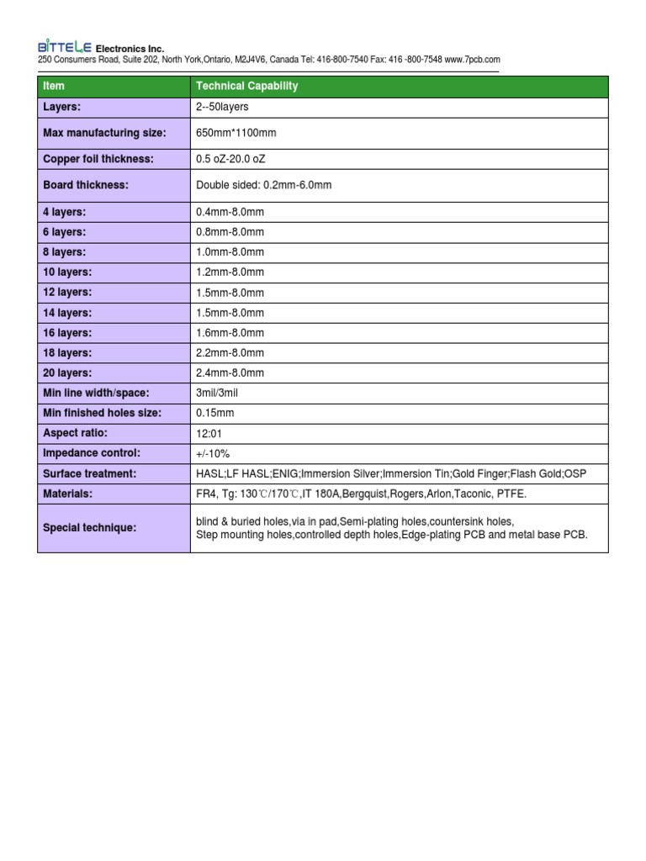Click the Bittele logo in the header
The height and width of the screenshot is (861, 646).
pos(64,48)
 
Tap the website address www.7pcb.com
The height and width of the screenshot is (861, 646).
pos(473,61)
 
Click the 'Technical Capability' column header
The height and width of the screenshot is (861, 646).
pos(246,87)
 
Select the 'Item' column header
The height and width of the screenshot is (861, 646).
pos(53,87)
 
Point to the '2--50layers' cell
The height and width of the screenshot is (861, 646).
pos(222,108)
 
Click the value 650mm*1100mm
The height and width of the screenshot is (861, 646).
pos(236,134)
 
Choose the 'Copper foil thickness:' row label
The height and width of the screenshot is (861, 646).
pos(98,159)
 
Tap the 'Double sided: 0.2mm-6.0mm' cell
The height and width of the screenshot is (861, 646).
pos(263,185)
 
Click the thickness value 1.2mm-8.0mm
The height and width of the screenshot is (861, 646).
pos(230,272)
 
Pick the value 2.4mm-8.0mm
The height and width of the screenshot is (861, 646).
pos(230,373)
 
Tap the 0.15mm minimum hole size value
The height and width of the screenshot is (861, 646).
pos(214,414)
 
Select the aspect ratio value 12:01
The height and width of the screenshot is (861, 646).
pos(209,434)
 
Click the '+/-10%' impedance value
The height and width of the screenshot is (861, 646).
pos(213,454)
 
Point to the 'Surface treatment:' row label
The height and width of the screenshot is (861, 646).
pos(89,474)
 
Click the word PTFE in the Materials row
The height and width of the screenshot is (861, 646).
pos(512,494)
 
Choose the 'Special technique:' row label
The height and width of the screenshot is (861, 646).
pos(89,528)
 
